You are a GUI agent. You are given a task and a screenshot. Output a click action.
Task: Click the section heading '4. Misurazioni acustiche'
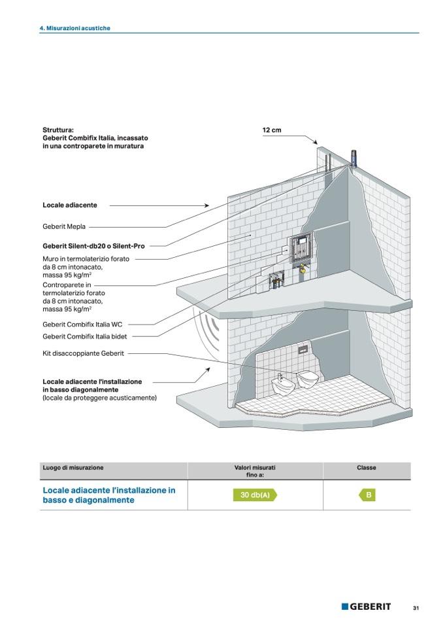74,28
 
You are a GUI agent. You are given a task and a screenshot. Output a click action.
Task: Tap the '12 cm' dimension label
271,130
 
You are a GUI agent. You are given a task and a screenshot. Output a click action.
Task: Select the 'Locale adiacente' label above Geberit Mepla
70,205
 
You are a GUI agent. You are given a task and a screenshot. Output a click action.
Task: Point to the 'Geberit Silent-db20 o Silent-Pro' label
93,246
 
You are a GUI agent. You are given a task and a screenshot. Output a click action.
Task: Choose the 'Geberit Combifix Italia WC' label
82,324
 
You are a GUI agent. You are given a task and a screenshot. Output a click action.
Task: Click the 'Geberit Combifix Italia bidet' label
85,336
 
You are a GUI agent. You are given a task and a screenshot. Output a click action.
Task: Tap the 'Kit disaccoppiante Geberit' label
83,353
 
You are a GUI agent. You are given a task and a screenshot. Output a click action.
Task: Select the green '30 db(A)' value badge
255,495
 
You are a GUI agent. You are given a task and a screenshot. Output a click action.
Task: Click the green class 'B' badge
368,495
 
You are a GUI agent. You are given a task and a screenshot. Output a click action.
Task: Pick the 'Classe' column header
366,468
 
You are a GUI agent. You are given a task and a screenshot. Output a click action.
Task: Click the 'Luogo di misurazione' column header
73,468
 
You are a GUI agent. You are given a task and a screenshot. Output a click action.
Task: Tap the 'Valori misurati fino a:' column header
255,472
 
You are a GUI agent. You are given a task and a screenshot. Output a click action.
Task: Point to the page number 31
416,608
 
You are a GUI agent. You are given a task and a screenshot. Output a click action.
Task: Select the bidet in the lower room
282,386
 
